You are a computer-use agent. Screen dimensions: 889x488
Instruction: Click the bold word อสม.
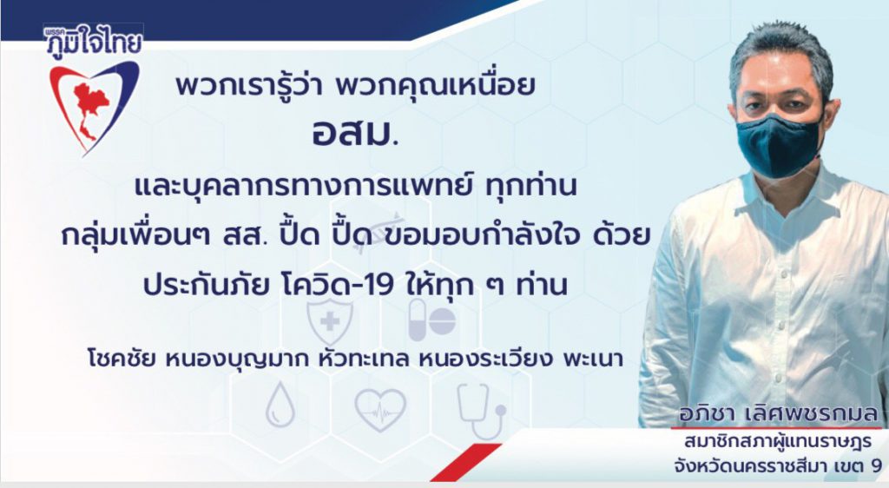pos(354,135)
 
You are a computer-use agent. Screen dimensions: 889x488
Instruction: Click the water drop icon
pos(280,404)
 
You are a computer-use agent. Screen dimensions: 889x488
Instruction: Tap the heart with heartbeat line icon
pos(380,409)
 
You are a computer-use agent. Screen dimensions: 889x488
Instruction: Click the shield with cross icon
pos(329,321)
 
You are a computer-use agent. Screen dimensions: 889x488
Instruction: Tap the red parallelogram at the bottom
pos(465,461)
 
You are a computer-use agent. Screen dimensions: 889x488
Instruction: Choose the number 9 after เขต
pos(875,466)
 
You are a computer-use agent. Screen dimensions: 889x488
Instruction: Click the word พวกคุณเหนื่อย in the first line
pos(436,86)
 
